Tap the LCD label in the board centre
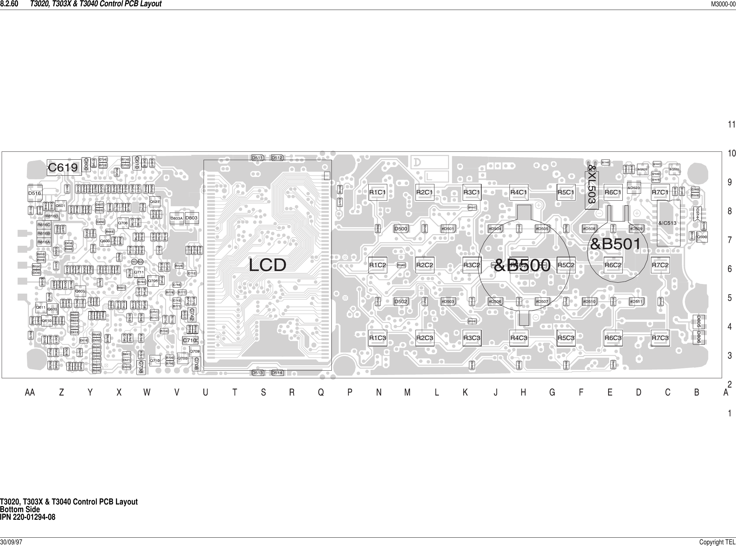(x=268, y=265)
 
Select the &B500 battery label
(x=522, y=266)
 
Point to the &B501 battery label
(x=615, y=244)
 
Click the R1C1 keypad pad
(x=378, y=192)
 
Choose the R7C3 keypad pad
(x=660, y=338)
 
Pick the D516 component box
(x=35, y=193)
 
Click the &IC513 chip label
(x=667, y=223)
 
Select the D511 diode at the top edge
(x=257, y=157)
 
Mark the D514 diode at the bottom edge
(x=277, y=373)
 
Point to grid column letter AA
(x=30, y=393)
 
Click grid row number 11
(x=731, y=125)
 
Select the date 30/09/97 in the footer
(x=11, y=542)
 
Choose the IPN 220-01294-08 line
(x=28, y=517)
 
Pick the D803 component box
(x=192, y=218)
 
